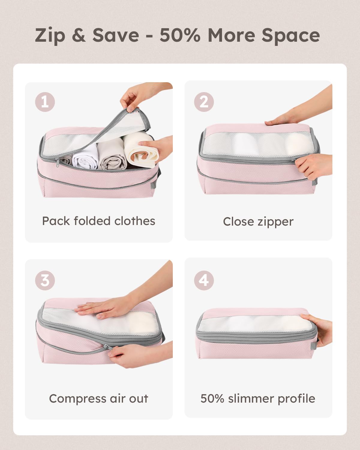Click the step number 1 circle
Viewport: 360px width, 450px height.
click(45, 102)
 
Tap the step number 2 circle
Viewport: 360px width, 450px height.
click(204, 102)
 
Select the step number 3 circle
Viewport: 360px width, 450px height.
click(45, 280)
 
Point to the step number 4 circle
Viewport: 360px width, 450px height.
click(204, 280)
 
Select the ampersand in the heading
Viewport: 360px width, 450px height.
click(79, 35)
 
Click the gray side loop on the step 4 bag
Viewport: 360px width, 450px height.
click(313, 345)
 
